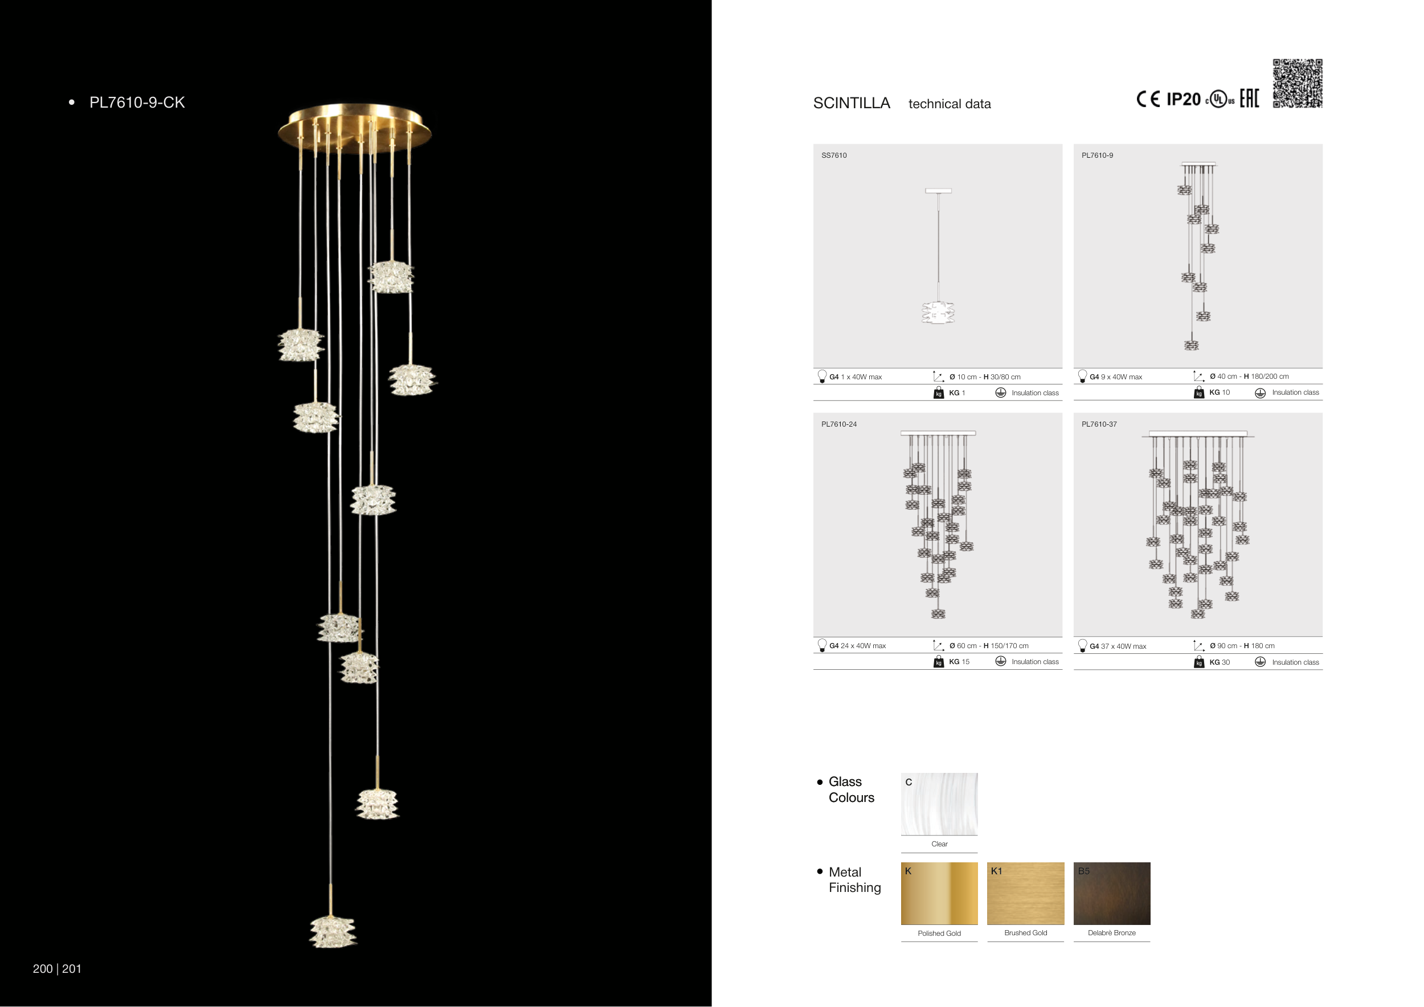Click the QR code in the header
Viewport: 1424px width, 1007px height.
pyautogui.click(x=1298, y=83)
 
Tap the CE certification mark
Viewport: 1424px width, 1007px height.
pyautogui.click(x=1148, y=99)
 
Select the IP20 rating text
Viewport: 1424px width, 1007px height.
pyautogui.click(x=1184, y=99)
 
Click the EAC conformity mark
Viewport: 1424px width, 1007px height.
pyautogui.click(x=1249, y=98)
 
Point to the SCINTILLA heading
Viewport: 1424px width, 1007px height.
pyautogui.click(x=852, y=103)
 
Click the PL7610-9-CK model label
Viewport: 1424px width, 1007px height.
pyautogui.click(x=137, y=103)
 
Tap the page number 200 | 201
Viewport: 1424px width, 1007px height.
pyautogui.click(x=57, y=969)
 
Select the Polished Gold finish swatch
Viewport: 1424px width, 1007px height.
pyautogui.click(x=939, y=894)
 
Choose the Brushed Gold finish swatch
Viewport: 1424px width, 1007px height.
pyautogui.click(x=1025, y=894)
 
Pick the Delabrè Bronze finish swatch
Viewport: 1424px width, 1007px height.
pyautogui.click(x=1111, y=894)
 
